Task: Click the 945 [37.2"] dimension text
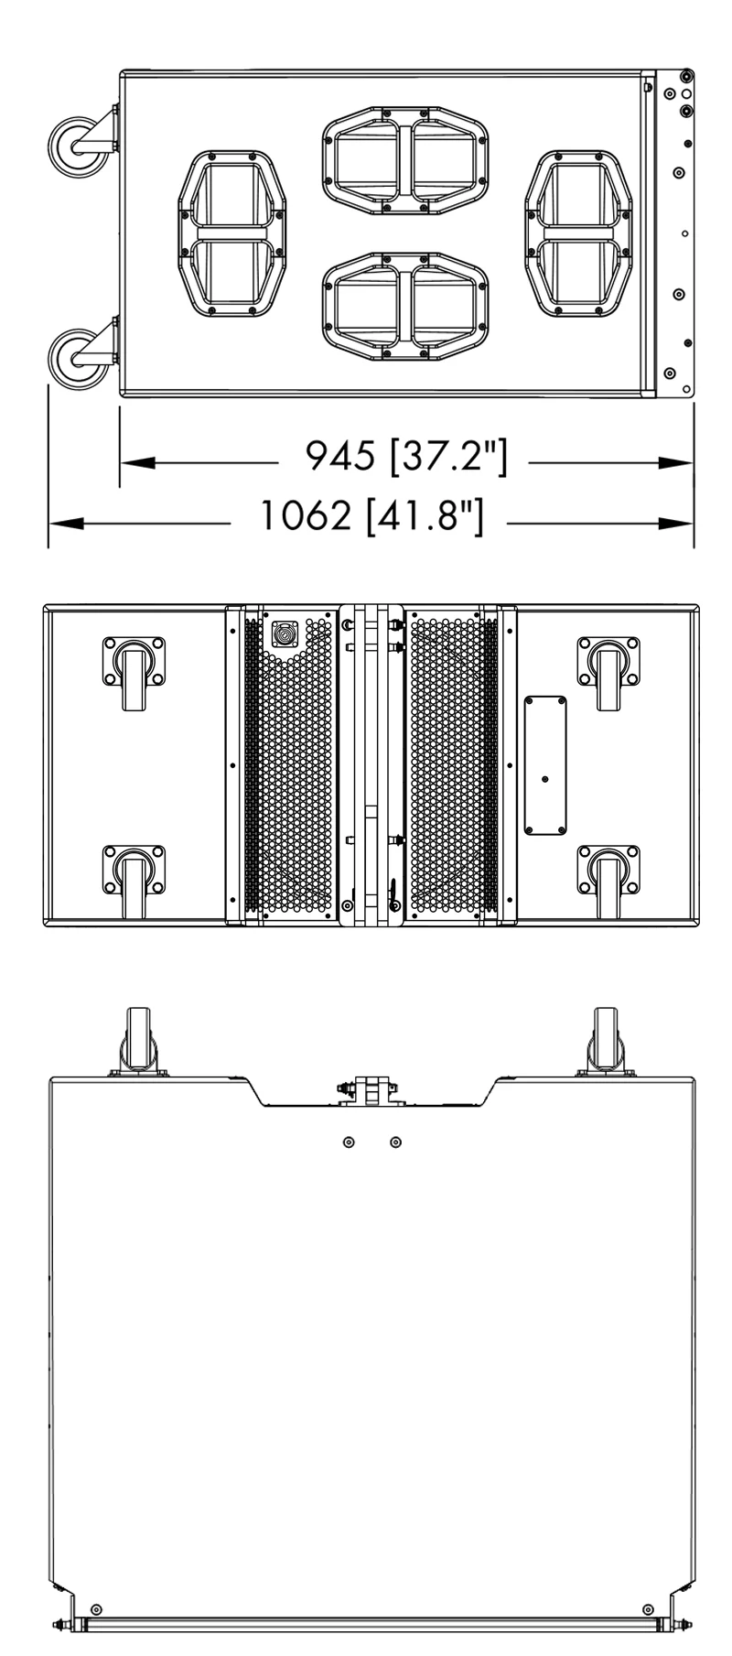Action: pyautogui.click(x=405, y=455)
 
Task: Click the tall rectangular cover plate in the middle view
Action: pyautogui.click(x=545, y=765)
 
